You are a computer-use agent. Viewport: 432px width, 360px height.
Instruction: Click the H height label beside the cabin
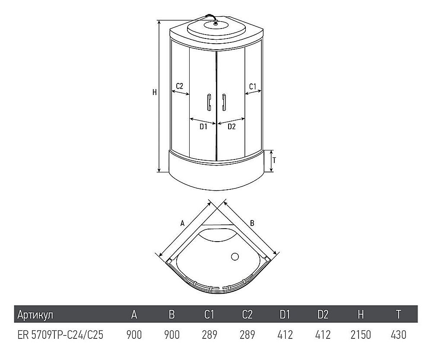(154, 92)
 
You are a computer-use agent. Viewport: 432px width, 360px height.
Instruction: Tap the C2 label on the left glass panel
(180, 86)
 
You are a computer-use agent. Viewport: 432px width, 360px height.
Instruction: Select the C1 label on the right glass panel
(253, 86)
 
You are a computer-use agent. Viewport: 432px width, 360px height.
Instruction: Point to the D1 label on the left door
(203, 127)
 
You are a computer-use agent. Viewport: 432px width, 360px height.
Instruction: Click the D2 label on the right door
(232, 127)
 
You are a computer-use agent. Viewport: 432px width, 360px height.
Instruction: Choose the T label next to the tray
(274, 160)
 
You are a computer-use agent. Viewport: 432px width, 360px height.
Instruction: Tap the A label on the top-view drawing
(182, 223)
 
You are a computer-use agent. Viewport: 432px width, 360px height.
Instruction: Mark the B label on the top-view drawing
(252, 223)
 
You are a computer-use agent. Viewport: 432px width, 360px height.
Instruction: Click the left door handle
(208, 102)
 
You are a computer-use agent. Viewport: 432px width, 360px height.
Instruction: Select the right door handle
(224, 102)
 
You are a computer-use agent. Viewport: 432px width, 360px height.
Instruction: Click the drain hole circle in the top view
(235, 257)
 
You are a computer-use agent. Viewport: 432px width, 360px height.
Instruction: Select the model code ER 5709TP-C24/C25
(60, 335)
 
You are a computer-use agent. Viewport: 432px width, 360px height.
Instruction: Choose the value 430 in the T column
(398, 335)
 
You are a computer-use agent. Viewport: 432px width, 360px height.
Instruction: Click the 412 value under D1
(285, 335)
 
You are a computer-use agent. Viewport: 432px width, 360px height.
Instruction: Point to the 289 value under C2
(247, 335)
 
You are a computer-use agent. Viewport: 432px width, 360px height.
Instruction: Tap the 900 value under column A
(134, 335)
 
